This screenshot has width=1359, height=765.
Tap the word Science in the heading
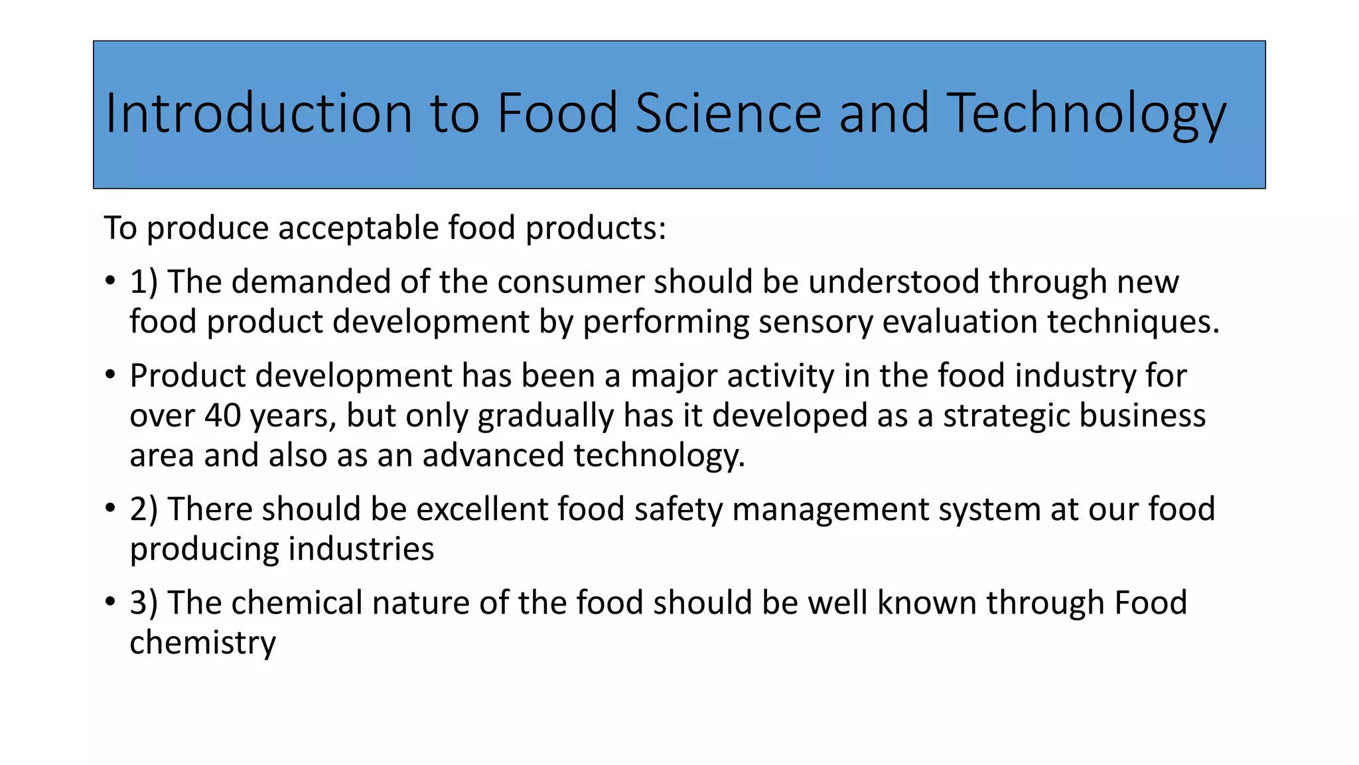(729, 113)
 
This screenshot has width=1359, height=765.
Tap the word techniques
(1133, 321)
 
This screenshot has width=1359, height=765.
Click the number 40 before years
(222, 416)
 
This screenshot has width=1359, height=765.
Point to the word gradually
(545, 416)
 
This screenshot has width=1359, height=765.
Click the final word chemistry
(202, 643)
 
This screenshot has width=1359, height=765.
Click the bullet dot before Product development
(110, 375)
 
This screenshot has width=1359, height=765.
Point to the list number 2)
(143, 509)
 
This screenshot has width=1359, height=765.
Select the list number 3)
(143, 603)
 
